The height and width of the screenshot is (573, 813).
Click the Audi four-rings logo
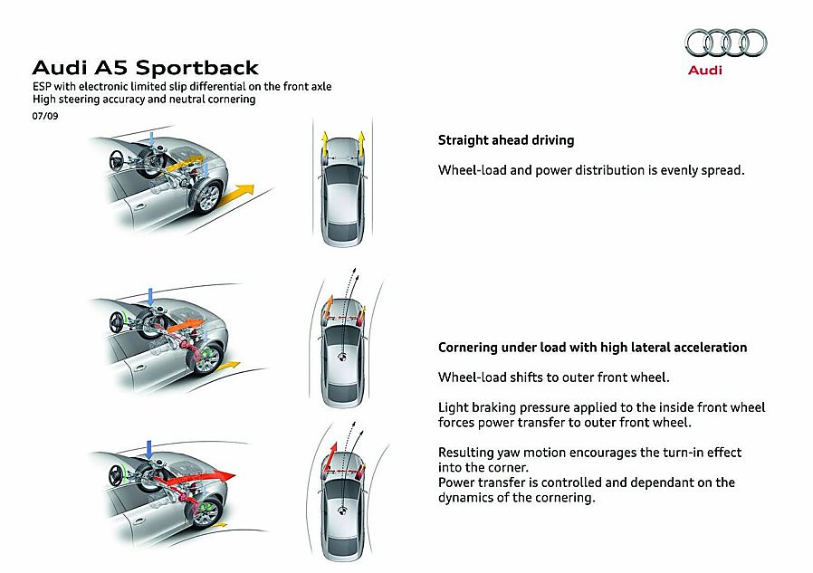coord(725,43)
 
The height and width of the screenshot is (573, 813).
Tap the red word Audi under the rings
coord(705,71)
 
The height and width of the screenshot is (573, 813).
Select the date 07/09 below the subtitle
coord(44,115)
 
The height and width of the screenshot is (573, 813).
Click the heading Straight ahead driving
coord(505,140)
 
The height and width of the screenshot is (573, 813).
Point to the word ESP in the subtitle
coord(43,87)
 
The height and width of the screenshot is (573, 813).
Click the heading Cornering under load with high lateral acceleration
coord(592,348)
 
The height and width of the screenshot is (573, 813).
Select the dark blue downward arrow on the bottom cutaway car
coord(150,449)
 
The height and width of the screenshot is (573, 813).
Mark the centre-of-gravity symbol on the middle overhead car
coord(344,358)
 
